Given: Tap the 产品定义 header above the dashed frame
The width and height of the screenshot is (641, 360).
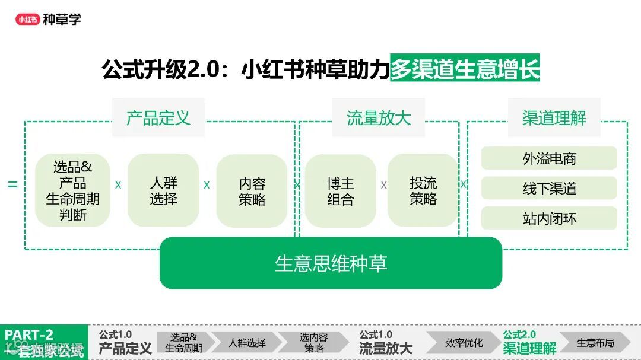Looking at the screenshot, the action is [158, 117].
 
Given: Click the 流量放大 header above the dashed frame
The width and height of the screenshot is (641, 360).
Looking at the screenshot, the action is [379, 117].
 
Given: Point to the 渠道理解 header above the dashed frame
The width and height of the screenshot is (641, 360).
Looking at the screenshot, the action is [554, 117].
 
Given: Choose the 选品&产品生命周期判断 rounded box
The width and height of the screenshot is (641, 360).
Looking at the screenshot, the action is [73, 190].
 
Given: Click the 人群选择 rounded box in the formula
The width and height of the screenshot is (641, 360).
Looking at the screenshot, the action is [163, 190].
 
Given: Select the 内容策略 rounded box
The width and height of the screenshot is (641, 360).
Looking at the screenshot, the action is [252, 191].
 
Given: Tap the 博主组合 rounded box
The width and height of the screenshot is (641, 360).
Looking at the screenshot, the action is [340, 191].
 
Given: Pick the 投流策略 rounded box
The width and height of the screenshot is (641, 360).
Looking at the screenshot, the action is [423, 190].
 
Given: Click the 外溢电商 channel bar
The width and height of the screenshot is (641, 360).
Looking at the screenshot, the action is [549, 158].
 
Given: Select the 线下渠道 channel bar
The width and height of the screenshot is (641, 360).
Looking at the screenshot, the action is [549, 189].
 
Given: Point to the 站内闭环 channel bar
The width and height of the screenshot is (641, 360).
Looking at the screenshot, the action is [549, 219].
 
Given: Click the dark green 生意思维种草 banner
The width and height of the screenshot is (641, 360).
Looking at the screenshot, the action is [331, 263].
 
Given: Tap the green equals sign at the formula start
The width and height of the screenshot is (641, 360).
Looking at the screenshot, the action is [12, 184].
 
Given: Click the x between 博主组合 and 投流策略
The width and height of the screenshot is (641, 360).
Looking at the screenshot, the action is [383, 185].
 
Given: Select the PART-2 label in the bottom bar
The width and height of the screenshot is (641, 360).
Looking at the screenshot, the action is [30, 334].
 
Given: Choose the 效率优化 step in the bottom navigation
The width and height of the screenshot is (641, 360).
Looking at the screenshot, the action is [464, 343].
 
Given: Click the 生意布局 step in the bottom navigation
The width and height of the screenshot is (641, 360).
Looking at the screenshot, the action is [595, 343].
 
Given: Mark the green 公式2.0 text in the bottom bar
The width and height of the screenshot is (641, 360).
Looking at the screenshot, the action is [519, 334].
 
